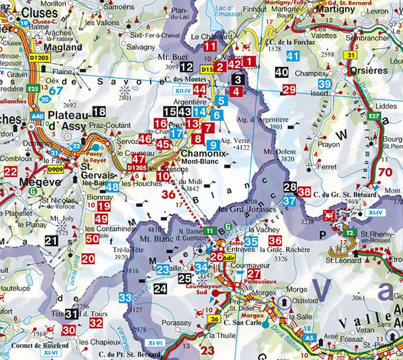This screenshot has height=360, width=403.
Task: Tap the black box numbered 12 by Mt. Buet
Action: point(187,67)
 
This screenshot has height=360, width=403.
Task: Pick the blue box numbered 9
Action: point(213,145)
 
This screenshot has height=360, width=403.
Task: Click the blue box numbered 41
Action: point(292,56)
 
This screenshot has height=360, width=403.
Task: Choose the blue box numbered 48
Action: point(112,187)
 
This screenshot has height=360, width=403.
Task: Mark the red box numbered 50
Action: point(92,239)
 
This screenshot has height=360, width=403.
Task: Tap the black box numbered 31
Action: point(71,313)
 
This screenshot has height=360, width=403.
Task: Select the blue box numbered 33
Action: point(125,297)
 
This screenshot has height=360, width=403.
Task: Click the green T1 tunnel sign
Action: point(209,230)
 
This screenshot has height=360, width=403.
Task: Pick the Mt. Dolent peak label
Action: point(275,151)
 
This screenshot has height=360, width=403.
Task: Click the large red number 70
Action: point(385,172)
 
